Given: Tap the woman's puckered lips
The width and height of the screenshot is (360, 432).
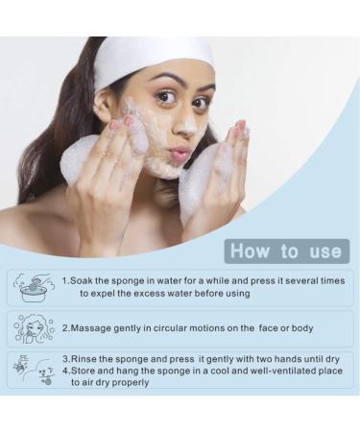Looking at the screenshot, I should click(179, 154).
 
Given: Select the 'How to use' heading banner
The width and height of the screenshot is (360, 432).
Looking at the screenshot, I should click(285, 252).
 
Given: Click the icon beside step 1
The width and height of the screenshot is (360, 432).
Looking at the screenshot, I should click(34, 286).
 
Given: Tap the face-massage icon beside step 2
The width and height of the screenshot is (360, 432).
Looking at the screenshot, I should click(34, 328).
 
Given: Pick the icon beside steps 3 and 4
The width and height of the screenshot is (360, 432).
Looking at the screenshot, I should click(34, 369).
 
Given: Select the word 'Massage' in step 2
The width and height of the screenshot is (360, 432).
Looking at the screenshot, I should click(94, 328).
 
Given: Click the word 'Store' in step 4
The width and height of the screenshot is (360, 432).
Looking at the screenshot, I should click(86, 370).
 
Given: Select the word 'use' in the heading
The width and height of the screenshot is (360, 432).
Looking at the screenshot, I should click(322, 252).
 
